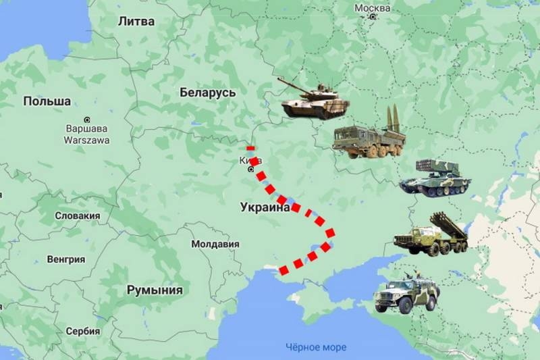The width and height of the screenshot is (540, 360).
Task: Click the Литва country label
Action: [136, 21]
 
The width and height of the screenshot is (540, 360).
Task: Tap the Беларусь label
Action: [207, 93]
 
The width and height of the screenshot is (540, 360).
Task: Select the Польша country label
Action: [47, 101]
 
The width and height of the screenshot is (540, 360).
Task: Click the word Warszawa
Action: [86, 140]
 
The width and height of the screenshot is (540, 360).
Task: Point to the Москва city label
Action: [372, 7]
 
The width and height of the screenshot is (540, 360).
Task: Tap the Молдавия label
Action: [215, 244]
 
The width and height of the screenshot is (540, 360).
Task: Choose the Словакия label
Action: [77, 216]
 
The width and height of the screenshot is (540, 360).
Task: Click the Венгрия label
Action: [65, 259]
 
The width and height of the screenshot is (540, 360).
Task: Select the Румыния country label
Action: [155, 290]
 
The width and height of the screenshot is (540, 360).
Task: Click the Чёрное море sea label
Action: [315, 347]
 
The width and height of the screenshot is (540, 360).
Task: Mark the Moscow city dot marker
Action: [372, 16]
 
